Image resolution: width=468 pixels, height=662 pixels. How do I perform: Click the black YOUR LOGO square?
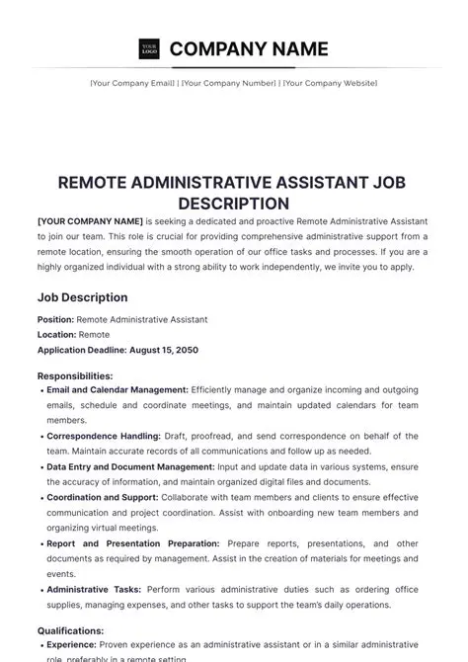click(x=149, y=48)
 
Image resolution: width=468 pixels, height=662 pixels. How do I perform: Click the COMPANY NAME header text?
click(x=249, y=48)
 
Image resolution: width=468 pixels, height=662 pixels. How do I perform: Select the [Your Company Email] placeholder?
click(x=132, y=83)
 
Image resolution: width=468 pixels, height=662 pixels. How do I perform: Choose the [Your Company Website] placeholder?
click(x=329, y=83)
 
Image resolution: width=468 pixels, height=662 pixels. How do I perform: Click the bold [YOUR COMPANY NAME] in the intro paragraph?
click(x=90, y=222)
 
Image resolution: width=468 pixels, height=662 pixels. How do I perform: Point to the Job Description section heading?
click(x=82, y=297)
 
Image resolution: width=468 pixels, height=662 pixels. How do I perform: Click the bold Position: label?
click(x=56, y=320)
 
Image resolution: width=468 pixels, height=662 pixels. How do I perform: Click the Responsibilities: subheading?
click(x=75, y=376)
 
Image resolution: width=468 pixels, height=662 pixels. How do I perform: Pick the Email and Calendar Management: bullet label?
click(x=117, y=390)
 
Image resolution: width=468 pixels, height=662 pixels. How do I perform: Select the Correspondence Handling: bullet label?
click(x=104, y=436)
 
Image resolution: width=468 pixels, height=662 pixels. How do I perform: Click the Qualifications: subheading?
click(x=70, y=629)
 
